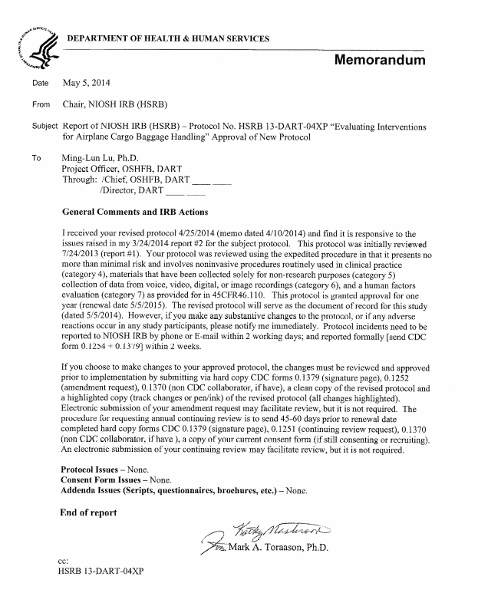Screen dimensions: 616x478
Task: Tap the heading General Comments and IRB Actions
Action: pyautogui.click(x=134, y=210)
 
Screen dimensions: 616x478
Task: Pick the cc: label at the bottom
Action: pyautogui.click(x=65, y=561)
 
